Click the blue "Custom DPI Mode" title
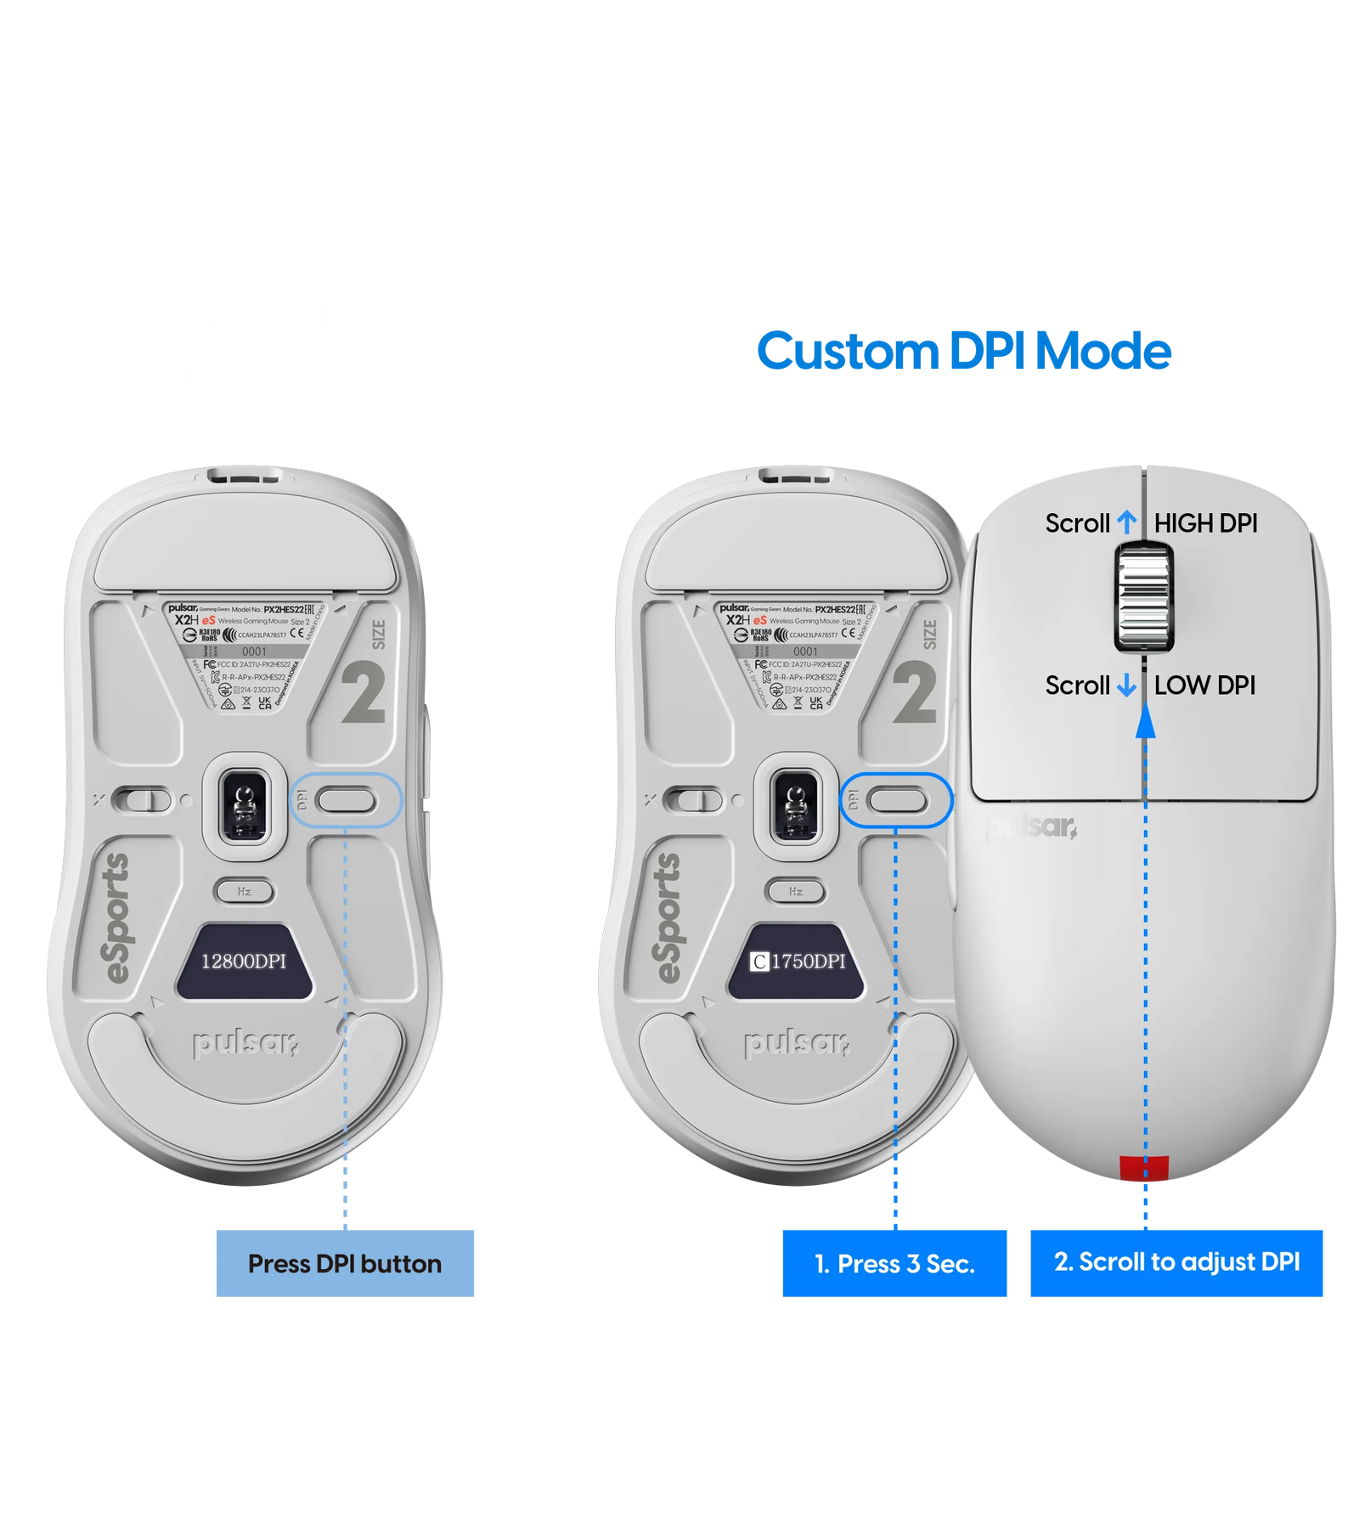click(x=964, y=351)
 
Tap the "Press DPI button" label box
click(x=345, y=1263)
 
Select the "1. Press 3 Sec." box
click(x=894, y=1263)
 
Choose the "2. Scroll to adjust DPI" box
click(x=1176, y=1262)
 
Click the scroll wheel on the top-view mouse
click(x=1144, y=600)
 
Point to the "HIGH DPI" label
click(x=1205, y=524)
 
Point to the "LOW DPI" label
click(x=1204, y=686)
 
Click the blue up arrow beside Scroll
click(x=1126, y=522)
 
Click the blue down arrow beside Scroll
click(x=1126, y=686)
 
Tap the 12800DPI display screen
click(x=244, y=961)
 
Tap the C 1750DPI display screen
click(x=796, y=961)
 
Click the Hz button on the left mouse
click(x=245, y=891)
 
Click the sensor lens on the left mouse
click(x=245, y=800)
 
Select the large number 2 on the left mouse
click(x=364, y=692)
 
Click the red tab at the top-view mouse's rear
click(x=1144, y=1169)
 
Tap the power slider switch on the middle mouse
click(x=694, y=800)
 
